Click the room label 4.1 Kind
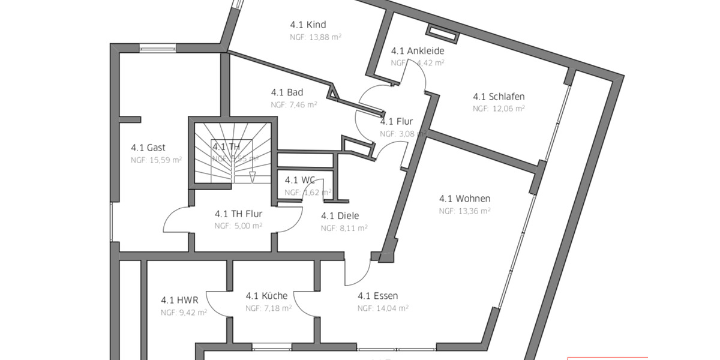coord(308,25)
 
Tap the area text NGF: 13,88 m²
coord(316,37)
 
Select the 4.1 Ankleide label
coord(418,51)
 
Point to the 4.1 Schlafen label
coord(499,97)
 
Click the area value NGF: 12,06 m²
coord(499,109)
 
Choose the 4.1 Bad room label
coord(287,92)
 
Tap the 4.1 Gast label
coord(148,148)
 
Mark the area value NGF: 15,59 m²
coord(156,160)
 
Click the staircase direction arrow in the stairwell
coord(252,176)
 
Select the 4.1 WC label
coord(300,180)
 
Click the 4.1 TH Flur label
coord(238,213)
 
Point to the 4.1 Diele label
coord(340,216)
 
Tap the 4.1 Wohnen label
coord(464,199)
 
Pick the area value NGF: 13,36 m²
coord(464,211)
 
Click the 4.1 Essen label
coord(377,296)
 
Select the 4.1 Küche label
coord(266,296)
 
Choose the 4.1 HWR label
coord(179,300)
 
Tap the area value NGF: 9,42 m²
coord(184,313)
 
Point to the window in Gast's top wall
coord(157,48)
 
